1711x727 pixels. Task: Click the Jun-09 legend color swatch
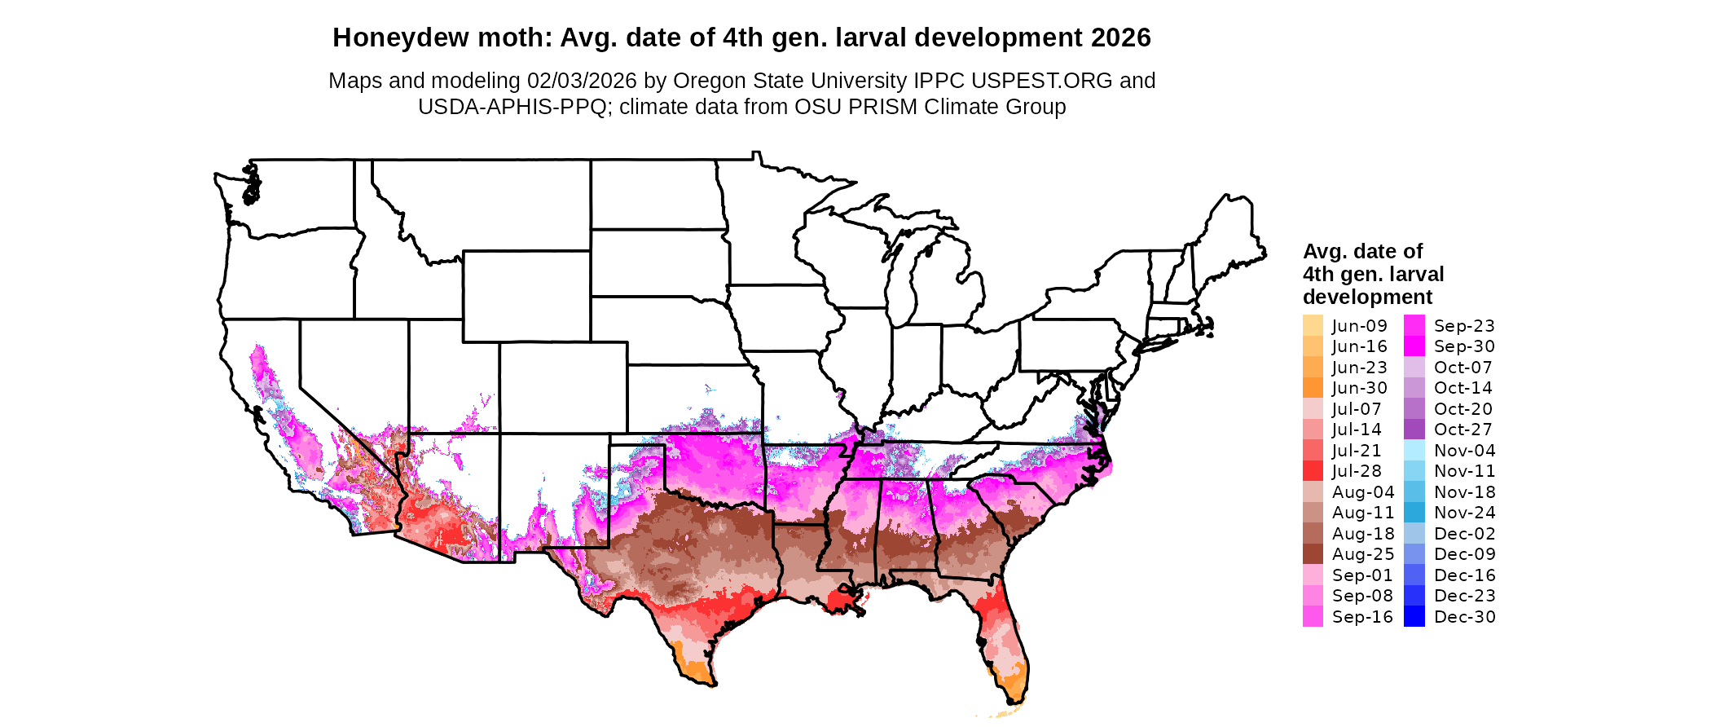pos(1313,325)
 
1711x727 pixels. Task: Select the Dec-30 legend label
pos(1464,617)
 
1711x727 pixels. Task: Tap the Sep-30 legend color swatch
pos(1414,346)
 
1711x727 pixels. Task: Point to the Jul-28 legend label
pos(1357,471)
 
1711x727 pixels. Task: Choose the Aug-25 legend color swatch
pos(1313,554)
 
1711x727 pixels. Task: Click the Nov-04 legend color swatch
pos(1414,451)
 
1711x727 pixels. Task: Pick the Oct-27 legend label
pos(1462,430)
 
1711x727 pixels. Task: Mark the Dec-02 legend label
pos(1464,534)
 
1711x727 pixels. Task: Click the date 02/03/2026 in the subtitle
pos(582,81)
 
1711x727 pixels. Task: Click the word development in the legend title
pos(1367,297)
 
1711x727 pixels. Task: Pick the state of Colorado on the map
pos(563,387)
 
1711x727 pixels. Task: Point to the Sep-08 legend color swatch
pos(1313,596)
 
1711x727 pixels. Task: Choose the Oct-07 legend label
pos(1462,368)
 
